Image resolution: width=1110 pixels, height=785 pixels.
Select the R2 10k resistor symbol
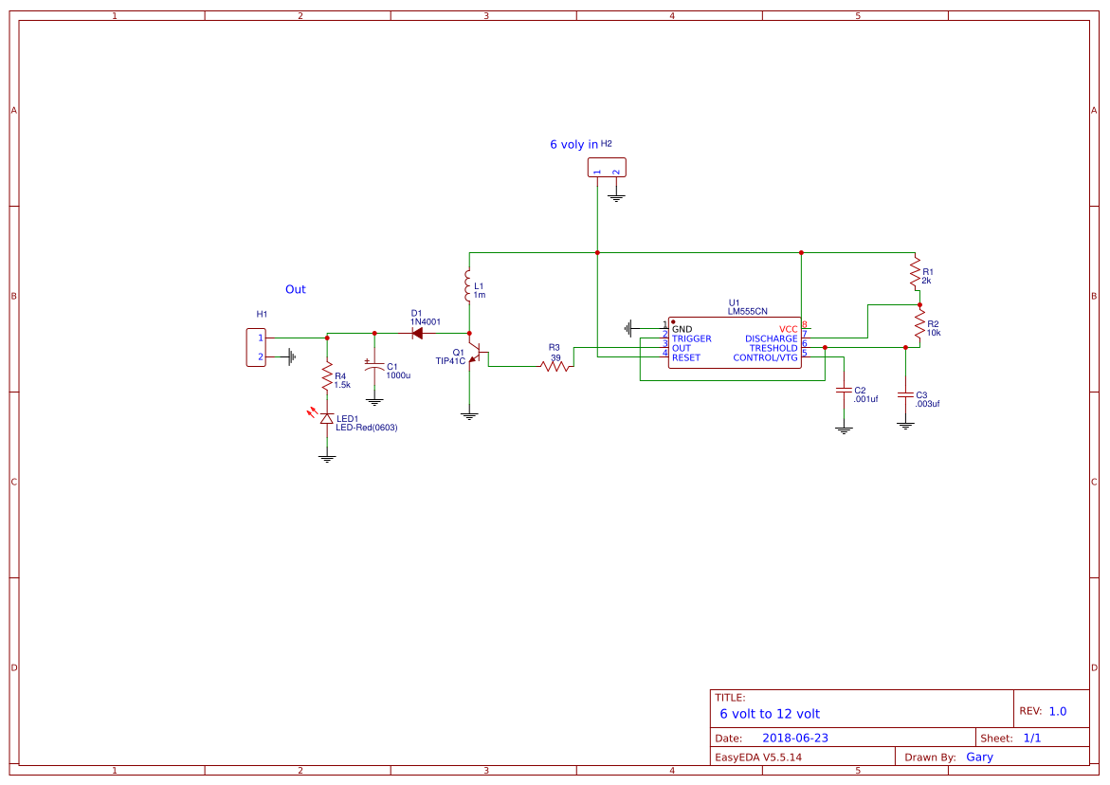click(919, 324)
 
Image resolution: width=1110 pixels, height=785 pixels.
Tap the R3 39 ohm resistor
click(555, 366)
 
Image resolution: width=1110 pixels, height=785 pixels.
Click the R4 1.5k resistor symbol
click(327, 379)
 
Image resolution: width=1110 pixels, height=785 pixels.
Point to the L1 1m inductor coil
click(468, 285)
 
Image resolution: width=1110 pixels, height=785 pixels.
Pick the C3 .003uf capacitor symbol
click(905, 393)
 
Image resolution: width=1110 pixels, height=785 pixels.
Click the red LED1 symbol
click(327, 418)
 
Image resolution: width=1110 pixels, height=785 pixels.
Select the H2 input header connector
click(607, 169)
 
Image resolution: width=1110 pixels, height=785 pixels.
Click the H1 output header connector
click(256, 347)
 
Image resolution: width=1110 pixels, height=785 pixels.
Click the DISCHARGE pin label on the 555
click(771, 338)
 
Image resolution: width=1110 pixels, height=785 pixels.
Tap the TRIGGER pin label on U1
click(692, 338)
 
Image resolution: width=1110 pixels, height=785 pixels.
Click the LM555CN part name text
click(747, 311)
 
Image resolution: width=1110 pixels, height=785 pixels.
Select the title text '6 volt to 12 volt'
click(769, 713)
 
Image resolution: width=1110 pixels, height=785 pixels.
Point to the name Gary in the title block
click(979, 757)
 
